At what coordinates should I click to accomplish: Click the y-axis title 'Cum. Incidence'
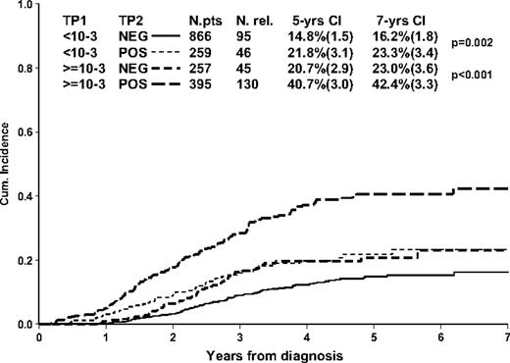pos(9,164)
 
